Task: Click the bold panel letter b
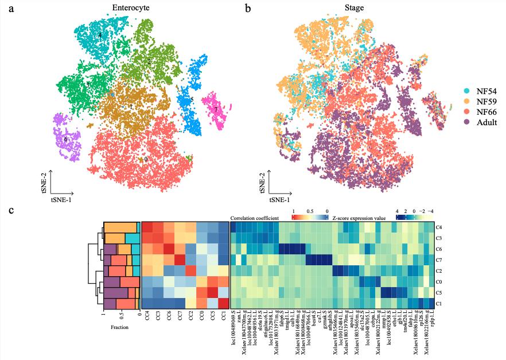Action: coord(248,9)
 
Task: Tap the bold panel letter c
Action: coord(11,211)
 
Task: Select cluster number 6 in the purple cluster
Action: coord(66,139)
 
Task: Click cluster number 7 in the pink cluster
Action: coord(216,109)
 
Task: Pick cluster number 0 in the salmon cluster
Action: coord(146,159)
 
